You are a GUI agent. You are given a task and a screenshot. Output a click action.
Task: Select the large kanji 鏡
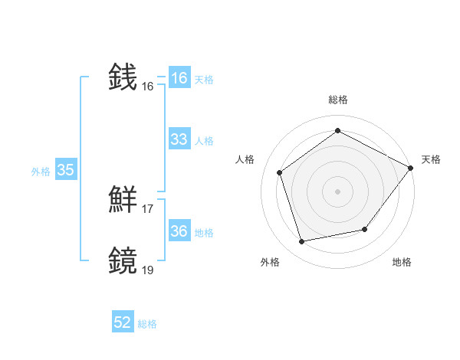(124, 260)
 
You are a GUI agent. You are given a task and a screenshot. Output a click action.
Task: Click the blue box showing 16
(179, 78)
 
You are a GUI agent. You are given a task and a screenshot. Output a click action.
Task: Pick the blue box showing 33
(179, 139)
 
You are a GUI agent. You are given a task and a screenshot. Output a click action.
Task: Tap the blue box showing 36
(179, 231)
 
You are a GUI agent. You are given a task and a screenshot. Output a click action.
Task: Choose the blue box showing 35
(65, 170)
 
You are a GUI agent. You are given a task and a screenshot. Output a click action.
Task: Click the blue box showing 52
(123, 322)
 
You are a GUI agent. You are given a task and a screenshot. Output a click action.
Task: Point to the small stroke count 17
(148, 208)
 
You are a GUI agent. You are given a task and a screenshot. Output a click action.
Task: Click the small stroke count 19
(148, 269)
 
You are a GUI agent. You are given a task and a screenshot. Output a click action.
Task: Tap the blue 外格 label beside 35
(41, 172)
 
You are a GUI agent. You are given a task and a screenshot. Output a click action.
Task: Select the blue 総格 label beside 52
(147, 324)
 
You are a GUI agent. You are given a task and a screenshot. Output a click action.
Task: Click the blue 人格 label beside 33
(204, 141)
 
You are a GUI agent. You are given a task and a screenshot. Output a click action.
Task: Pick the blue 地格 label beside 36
(204, 233)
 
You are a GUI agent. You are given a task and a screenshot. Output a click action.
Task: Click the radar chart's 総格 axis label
(337, 100)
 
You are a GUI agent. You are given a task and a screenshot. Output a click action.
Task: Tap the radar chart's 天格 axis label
(431, 159)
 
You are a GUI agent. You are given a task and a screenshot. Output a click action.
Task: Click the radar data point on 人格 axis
(280, 172)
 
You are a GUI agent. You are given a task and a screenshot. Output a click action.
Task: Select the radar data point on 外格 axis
(302, 242)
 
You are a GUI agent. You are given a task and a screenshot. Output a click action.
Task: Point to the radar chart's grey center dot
(337, 191)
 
